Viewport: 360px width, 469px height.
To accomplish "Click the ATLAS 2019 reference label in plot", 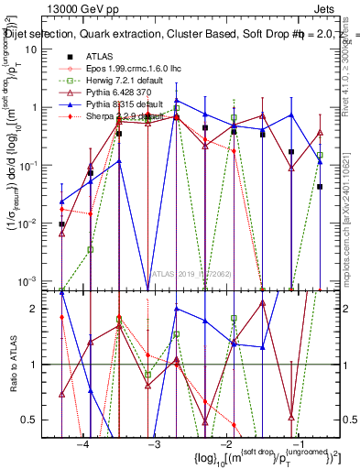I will [190, 273].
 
